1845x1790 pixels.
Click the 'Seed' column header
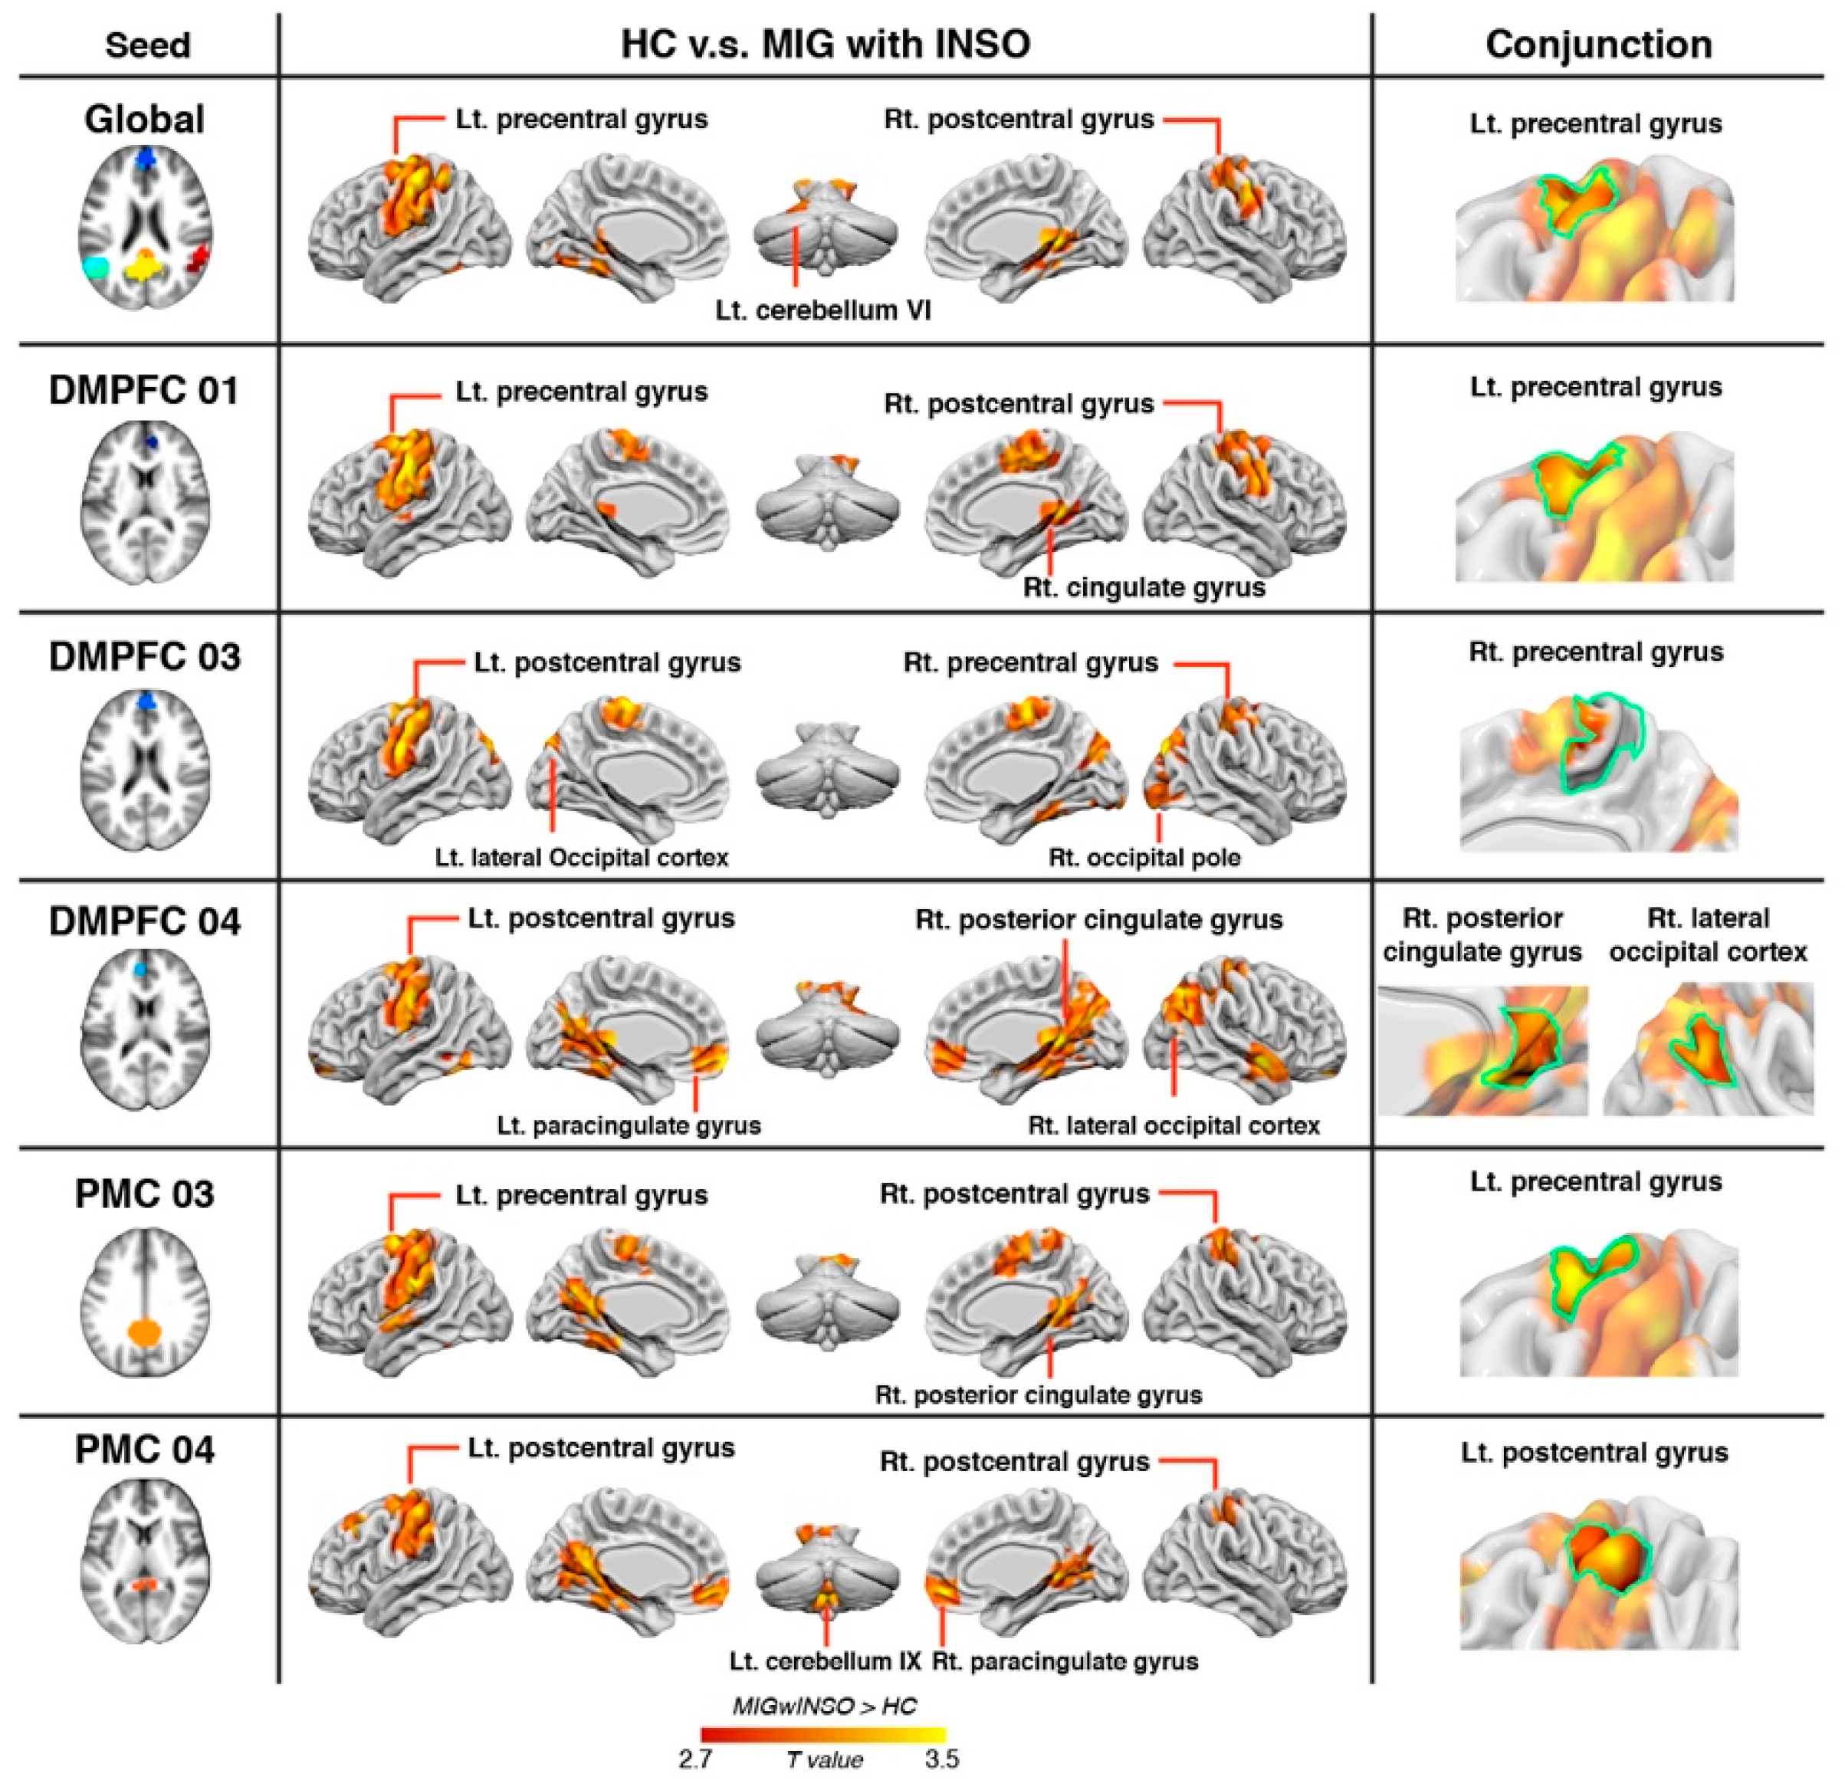coord(148,45)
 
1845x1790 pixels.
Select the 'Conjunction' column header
coord(1598,44)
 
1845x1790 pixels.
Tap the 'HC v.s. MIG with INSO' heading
coord(825,44)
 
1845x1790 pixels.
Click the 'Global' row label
coord(144,119)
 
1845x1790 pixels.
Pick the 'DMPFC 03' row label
coord(144,656)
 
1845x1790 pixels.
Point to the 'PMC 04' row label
coord(144,1449)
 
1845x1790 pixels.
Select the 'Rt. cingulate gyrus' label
coord(1144,587)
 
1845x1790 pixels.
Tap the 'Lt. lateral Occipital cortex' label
coord(581,858)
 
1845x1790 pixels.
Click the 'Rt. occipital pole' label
coord(1144,858)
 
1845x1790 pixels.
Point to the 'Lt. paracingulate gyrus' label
coord(629,1125)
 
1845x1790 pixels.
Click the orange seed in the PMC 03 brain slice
coord(144,1332)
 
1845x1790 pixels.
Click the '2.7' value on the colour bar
coord(696,1759)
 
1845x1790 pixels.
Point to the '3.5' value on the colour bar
coord(941,1759)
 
